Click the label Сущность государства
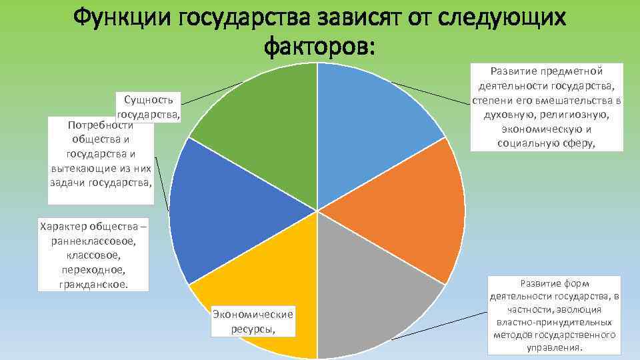click(149, 107)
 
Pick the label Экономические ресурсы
click(253, 321)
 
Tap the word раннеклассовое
click(96, 241)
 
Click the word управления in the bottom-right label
click(554, 347)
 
